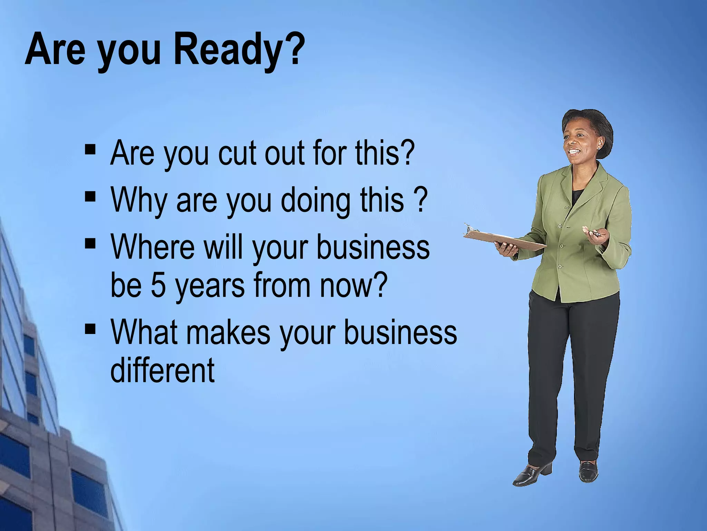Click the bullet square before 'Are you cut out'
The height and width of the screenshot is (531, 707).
tap(90, 149)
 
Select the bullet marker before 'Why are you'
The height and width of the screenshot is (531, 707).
tap(90, 196)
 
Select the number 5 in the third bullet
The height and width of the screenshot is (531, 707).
tap(158, 285)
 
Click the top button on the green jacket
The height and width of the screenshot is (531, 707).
tap(566, 207)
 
